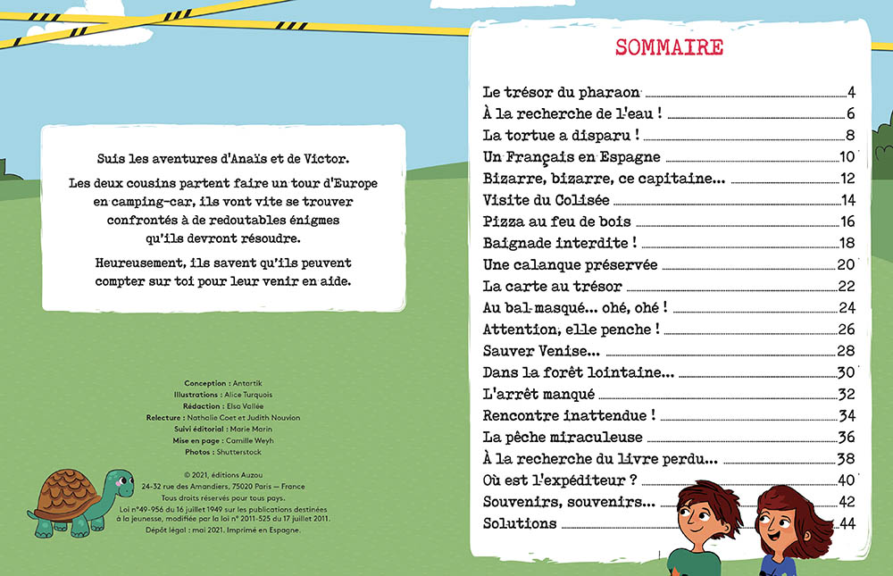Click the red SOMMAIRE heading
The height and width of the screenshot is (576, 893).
(x=669, y=47)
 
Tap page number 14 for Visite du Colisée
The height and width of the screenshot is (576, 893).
(x=847, y=200)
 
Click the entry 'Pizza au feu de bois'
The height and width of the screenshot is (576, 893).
(x=556, y=221)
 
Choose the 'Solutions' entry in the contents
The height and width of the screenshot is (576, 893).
(x=520, y=523)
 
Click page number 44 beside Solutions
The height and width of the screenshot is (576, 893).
(x=847, y=523)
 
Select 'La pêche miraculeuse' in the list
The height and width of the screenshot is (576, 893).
(x=563, y=438)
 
